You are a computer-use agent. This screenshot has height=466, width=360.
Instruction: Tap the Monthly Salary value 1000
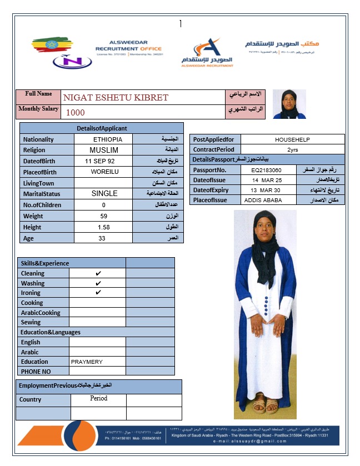(76, 112)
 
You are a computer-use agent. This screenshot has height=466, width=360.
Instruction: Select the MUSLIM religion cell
(104, 150)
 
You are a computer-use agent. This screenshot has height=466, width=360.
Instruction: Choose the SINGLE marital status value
(104, 194)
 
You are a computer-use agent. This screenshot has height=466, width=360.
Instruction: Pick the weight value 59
(103, 216)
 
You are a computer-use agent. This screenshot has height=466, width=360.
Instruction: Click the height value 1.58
(103, 227)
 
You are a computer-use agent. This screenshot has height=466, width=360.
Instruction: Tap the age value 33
(103, 238)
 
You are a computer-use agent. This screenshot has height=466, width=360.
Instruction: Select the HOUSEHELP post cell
(292, 139)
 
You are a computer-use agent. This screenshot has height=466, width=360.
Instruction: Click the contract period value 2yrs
(292, 149)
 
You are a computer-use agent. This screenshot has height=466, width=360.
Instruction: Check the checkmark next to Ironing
(98, 293)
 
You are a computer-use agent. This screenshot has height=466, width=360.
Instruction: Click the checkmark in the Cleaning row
(98, 273)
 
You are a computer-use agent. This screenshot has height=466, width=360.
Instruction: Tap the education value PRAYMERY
(87, 362)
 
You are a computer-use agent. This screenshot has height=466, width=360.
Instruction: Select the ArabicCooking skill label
(41, 313)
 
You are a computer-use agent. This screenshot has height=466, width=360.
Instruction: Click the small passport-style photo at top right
(289, 104)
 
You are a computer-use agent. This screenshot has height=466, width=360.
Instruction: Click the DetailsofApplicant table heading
(102, 128)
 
